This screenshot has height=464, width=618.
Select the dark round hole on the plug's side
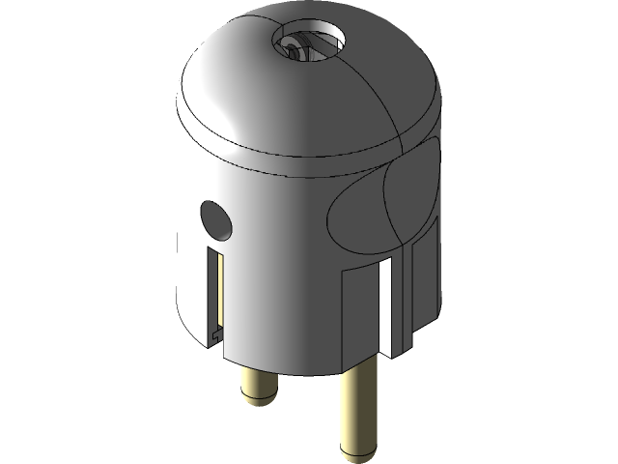click(215, 220)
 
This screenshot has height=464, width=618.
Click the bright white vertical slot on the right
click(385, 304)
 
